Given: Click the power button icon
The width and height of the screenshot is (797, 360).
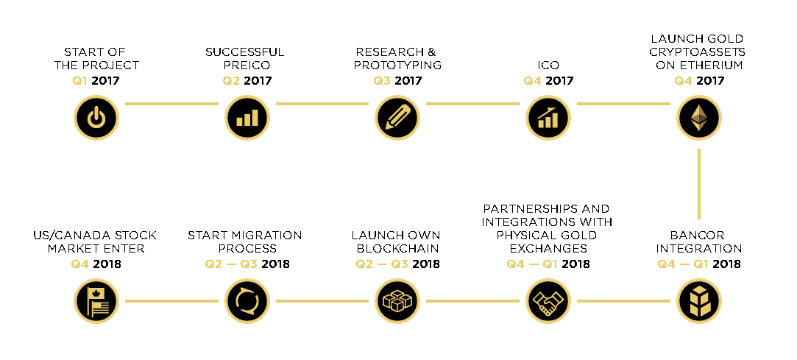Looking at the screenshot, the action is coord(96,118).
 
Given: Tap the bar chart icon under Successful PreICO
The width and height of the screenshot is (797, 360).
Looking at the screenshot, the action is coord(247,118).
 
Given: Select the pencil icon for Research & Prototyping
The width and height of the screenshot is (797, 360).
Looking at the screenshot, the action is coord(397,118).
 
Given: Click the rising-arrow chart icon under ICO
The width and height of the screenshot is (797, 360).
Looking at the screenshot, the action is coord(548,118).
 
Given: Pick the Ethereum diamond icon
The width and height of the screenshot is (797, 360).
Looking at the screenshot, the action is coord(699,118).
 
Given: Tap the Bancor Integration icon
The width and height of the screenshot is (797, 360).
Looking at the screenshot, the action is coord(699,301).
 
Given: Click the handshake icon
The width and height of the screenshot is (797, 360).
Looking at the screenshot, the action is coord(548,301).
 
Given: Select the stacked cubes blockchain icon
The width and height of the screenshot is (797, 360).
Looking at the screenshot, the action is coord(397,301).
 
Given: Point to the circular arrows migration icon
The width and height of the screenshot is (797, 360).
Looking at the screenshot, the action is coord(247,301).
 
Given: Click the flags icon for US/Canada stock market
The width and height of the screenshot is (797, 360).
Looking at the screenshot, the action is coord(96,301).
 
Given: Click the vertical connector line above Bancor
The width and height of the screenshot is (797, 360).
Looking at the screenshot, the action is coord(699,183).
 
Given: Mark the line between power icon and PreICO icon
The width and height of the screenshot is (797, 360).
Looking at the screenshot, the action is coord(171,104).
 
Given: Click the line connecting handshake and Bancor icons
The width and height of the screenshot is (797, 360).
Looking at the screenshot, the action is coord(623,301).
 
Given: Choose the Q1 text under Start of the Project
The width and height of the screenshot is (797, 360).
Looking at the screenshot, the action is coord(79,80).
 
